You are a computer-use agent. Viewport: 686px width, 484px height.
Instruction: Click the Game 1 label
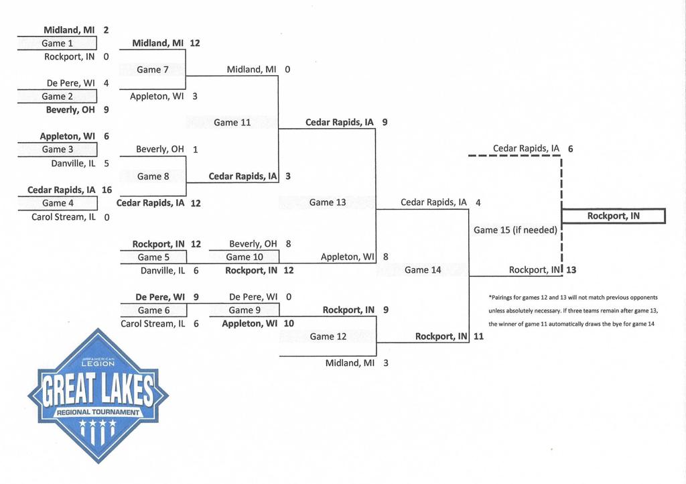coord(58,44)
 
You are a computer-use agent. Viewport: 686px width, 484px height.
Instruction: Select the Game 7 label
coord(149,70)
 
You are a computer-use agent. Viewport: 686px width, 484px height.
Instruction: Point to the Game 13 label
coord(328,202)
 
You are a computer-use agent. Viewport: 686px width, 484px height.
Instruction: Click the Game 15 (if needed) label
coord(515,230)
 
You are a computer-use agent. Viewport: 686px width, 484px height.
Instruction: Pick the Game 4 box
coord(58,203)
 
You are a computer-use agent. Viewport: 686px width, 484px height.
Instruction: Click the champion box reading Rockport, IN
coord(613,216)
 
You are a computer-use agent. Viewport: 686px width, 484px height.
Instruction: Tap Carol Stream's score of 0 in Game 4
coord(107,217)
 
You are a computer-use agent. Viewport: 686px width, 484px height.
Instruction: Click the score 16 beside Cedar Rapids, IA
coord(107,190)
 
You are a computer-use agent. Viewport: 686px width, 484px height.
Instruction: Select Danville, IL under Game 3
coord(73,163)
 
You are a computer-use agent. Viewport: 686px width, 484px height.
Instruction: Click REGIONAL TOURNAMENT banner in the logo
coord(98,412)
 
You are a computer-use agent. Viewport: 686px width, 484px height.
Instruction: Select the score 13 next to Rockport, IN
coord(571,270)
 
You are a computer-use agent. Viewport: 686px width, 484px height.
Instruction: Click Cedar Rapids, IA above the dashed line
coord(526,149)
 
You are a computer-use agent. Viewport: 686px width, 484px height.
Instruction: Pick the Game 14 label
coord(423,270)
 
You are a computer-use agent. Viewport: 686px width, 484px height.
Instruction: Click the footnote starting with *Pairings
coord(573,310)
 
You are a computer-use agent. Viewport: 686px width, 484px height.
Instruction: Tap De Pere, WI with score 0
coord(253,296)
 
